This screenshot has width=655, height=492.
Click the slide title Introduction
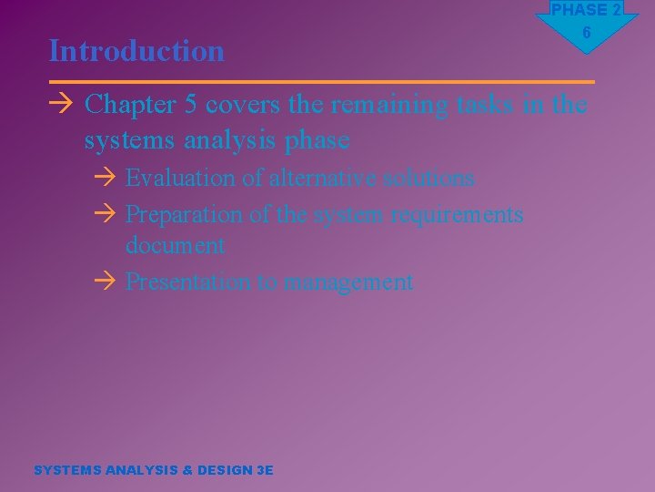tap(136, 50)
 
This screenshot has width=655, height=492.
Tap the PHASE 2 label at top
tap(587, 10)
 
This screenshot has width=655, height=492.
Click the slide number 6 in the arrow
tap(587, 33)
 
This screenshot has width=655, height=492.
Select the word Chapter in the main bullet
tap(130, 106)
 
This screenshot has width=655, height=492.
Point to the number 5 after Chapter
tap(191, 106)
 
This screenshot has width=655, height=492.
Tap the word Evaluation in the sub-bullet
tap(180, 178)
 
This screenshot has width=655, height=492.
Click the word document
tap(175, 245)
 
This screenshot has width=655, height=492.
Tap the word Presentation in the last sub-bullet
tap(188, 282)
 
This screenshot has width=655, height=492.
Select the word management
tap(348, 282)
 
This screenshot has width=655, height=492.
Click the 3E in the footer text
tap(265, 470)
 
